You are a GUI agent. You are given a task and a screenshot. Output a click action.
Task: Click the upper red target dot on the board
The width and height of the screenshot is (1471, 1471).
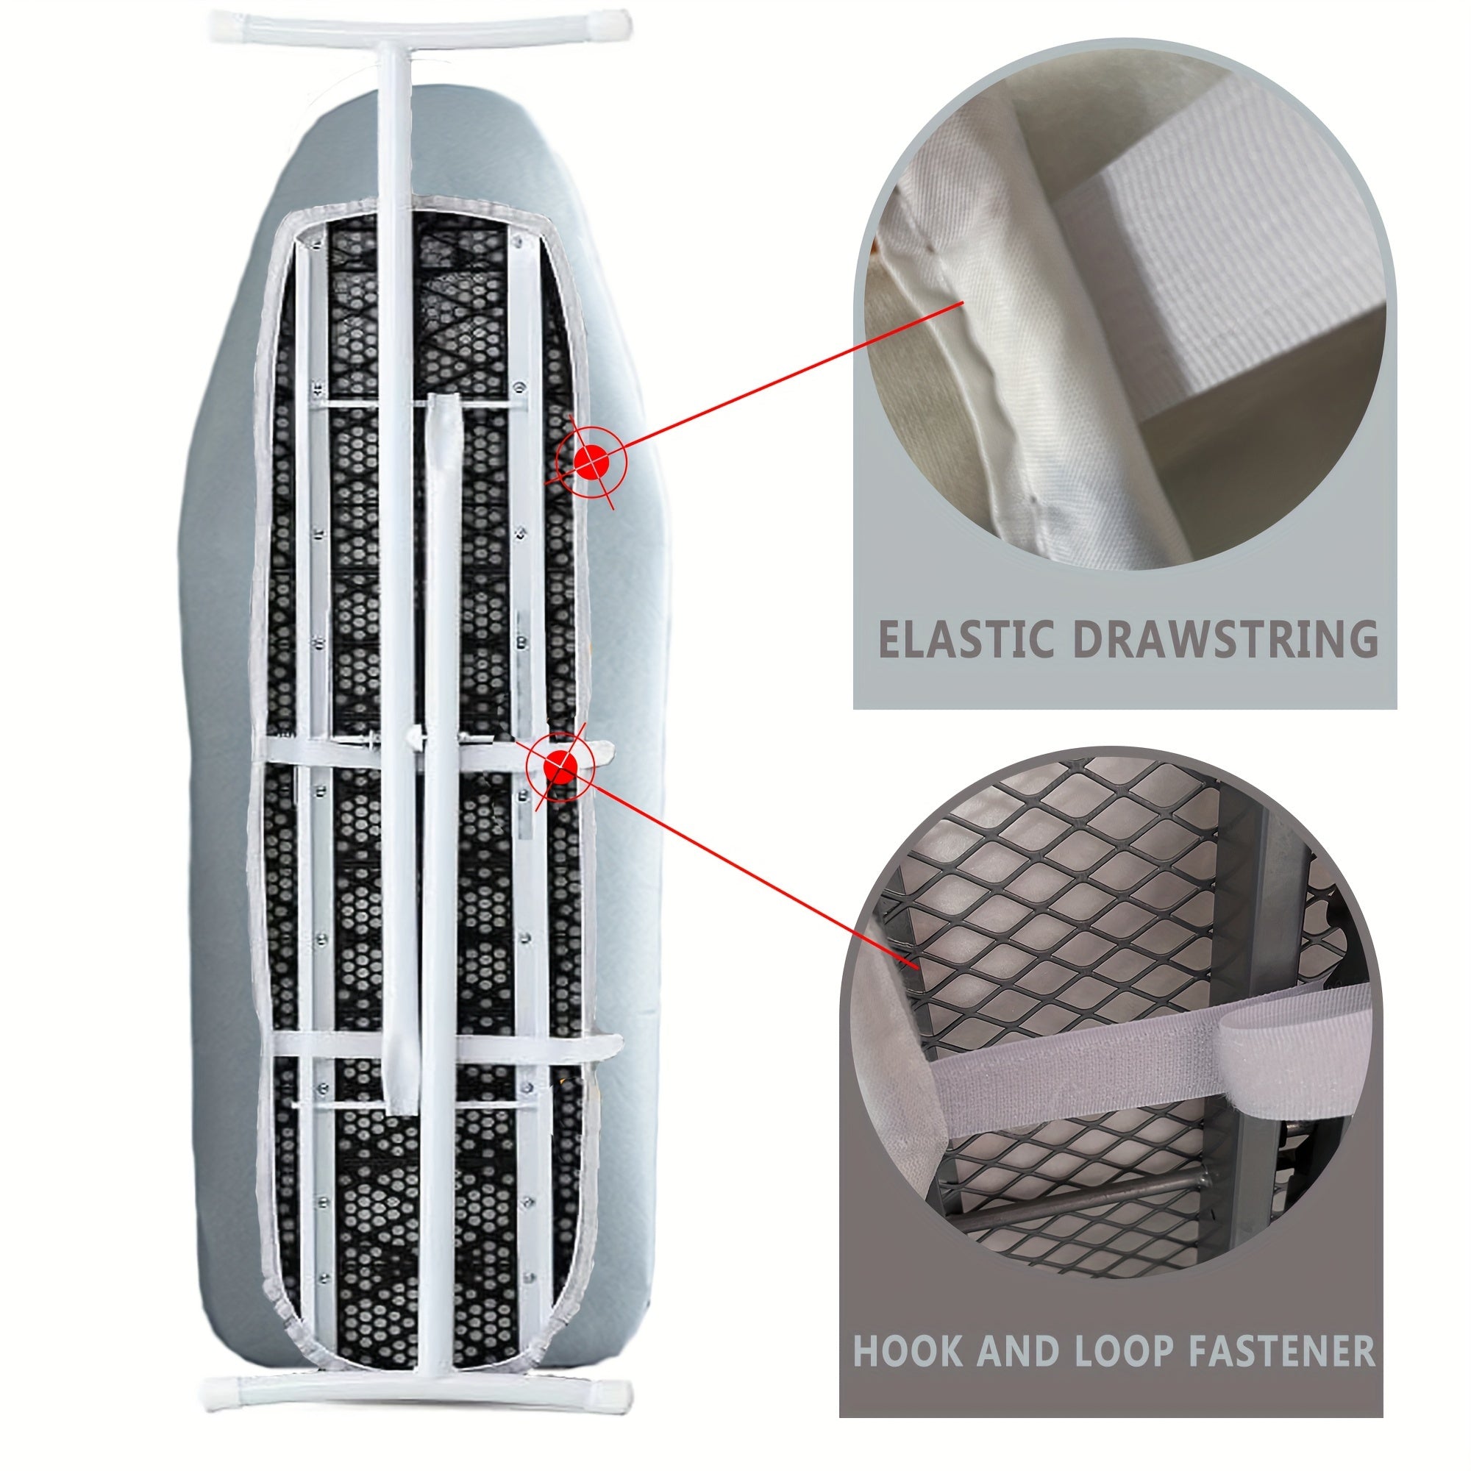coord(591,460)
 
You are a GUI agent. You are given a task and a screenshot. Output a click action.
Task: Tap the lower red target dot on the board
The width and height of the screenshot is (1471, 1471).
coord(561,766)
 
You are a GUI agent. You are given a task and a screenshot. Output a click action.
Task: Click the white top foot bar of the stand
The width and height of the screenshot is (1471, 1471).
coord(420,26)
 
